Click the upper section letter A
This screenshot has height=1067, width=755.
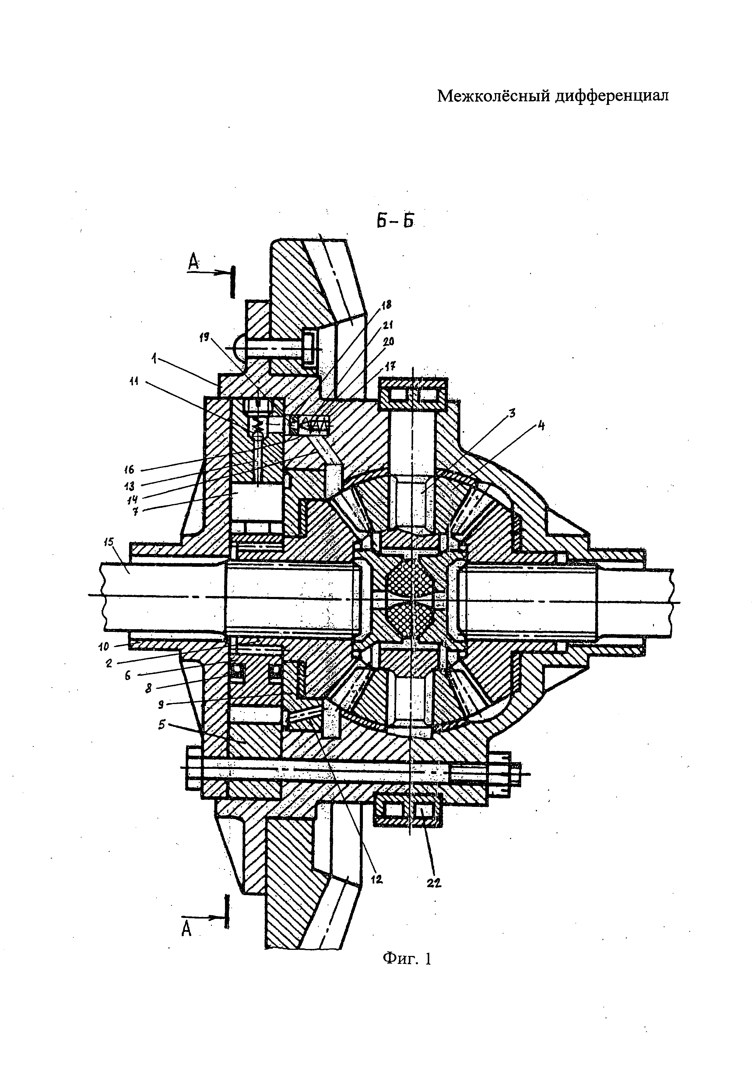(193, 263)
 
